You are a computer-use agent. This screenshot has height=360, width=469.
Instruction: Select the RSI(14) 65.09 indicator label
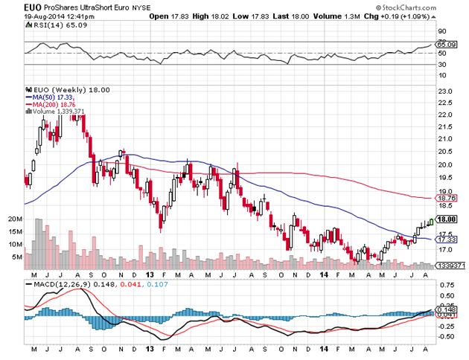point(51,25)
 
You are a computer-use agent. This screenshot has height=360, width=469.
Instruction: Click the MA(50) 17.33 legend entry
point(52,97)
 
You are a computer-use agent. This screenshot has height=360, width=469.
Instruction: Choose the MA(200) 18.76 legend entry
point(54,105)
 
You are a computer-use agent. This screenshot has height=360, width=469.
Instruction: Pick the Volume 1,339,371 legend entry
point(57,112)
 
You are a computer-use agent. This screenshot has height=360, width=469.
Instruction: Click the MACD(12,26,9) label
point(54,284)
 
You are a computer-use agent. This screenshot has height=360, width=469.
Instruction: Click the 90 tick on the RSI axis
point(442,31)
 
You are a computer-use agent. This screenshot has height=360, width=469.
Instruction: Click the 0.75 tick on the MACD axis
point(447,284)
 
